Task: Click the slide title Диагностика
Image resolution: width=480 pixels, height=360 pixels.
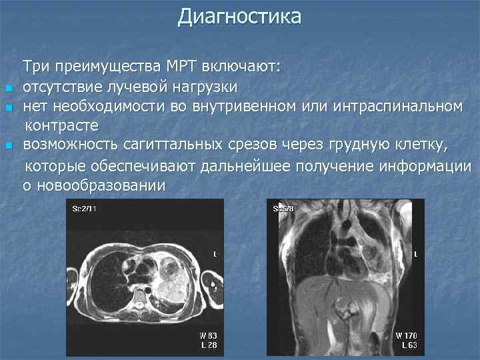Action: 239,17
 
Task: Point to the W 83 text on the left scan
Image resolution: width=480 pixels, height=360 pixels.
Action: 208,335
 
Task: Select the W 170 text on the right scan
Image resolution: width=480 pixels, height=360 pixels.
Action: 407,335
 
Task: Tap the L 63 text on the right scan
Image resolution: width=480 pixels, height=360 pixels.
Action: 409,345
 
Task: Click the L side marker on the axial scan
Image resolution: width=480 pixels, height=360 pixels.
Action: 215,254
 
